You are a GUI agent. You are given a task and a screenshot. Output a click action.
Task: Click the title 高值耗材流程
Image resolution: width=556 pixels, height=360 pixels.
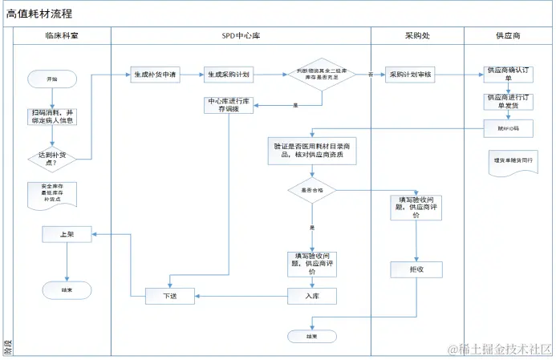point(39,14)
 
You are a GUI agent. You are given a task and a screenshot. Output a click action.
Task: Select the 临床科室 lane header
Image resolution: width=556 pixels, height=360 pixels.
point(62,36)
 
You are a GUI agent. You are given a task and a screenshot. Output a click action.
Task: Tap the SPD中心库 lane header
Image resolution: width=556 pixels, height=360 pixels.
point(240,36)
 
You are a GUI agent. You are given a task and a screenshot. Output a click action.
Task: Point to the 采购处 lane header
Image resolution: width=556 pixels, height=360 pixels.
point(417,36)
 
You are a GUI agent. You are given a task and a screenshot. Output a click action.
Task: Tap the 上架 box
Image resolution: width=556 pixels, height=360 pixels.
point(66,235)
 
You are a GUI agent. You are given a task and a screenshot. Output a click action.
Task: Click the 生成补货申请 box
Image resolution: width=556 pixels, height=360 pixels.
point(154,75)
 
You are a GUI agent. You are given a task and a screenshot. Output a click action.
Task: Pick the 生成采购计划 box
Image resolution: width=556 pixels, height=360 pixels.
point(228,75)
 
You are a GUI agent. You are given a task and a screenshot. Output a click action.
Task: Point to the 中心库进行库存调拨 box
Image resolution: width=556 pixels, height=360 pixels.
point(229,105)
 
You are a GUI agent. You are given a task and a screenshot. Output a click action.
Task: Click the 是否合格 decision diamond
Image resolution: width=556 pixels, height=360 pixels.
point(312,191)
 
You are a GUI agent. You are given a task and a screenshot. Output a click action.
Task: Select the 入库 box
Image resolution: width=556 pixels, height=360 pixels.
point(312,296)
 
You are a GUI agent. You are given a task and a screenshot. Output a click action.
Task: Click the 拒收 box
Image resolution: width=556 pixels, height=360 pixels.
point(416,269)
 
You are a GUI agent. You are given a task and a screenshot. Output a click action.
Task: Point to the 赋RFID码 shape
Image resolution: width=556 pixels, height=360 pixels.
point(508,127)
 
